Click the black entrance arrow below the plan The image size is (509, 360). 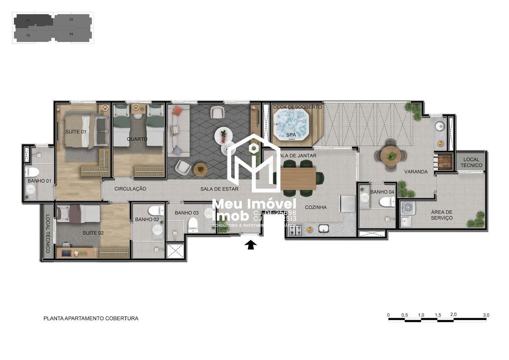(x=251, y=245)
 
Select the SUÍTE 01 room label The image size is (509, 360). (x=76, y=132)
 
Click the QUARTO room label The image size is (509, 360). (x=137, y=139)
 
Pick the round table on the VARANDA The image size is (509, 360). (x=391, y=156)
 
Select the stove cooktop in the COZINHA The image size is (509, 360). (x=295, y=230)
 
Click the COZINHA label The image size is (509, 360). (x=316, y=208)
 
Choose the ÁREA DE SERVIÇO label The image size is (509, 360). (x=442, y=215)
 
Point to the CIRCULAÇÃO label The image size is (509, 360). (x=130, y=189)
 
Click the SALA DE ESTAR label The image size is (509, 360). (x=219, y=189)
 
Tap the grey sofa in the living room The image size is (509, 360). (x=175, y=130)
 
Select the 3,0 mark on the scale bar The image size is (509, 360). (x=486, y=315)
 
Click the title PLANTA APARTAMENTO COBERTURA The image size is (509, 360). (x=91, y=318)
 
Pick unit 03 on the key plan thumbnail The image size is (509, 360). (x=71, y=20)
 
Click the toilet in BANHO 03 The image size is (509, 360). (x=193, y=225)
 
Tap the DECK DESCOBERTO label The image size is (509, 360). (x=297, y=107)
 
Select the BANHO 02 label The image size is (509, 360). (x=147, y=219)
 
